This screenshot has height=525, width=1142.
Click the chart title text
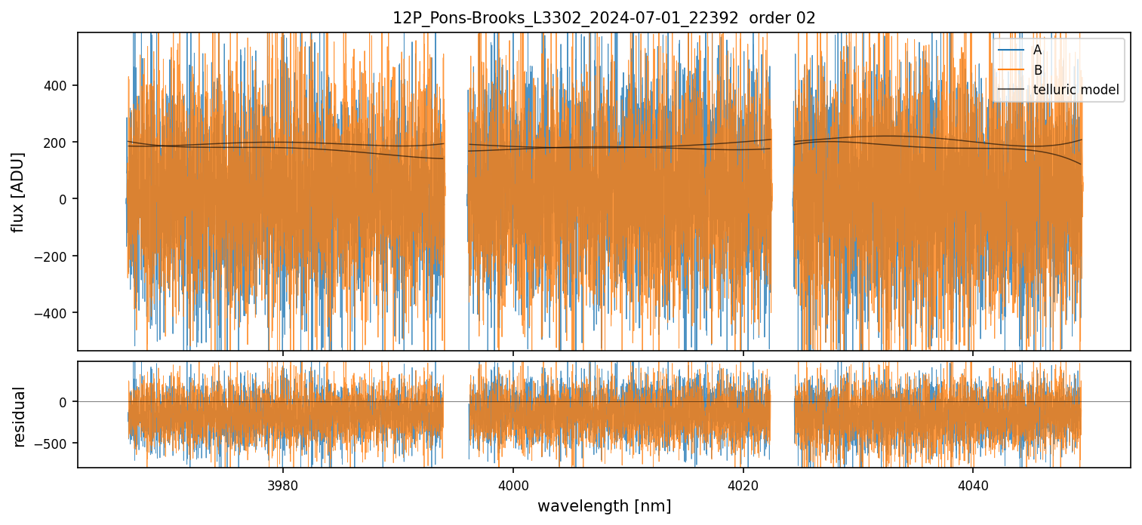(x=604, y=18)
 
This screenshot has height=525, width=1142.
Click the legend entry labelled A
(x=1037, y=50)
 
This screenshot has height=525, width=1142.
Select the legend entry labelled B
(x=1037, y=70)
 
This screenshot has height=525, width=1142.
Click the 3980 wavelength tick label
(x=283, y=484)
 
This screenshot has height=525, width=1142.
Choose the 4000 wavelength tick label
(x=513, y=484)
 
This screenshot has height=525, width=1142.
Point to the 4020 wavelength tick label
(x=743, y=484)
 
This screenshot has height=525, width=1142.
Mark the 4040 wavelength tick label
(x=972, y=484)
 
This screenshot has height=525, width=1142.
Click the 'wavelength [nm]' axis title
(x=604, y=505)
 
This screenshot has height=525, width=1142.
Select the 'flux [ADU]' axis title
(x=18, y=192)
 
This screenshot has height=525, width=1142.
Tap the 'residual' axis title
(x=20, y=416)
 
